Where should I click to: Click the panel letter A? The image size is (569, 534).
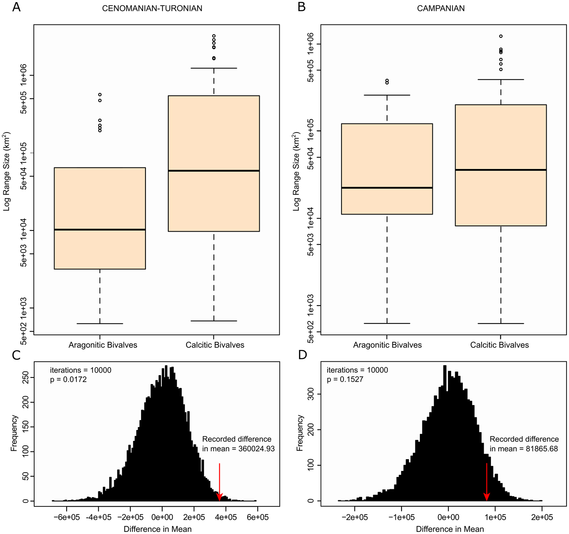pyautogui.click(x=16, y=7)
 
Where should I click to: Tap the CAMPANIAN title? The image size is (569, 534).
pyautogui.click(x=441, y=9)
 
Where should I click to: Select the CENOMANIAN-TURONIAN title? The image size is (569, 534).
pyautogui.click(x=152, y=9)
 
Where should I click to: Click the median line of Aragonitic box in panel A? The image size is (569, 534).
pyautogui.click(x=100, y=230)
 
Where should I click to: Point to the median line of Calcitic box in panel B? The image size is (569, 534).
pyautogui.click(x=501, y=169)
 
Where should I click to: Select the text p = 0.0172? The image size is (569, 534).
pyautogui.click(x=68, y=380)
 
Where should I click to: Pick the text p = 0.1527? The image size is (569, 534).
pyautogui.click(x=345, y=380)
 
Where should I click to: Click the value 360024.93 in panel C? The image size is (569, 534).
pyautogui.click(x=256, y=449)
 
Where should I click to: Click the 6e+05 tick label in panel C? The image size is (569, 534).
pyautogui.click(x=258, y=517)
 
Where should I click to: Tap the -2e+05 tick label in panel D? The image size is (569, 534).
pyautogui.click(x=355, y=517)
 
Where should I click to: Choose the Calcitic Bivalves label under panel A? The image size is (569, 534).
pyautogui.click(x=215, y=345)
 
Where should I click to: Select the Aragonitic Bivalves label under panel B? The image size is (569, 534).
pyautogui.click(x=387, y=345)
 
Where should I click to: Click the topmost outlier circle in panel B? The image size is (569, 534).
pyautogui.click(x=501, y=36)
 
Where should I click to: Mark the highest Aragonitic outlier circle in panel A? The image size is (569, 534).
pyautogui.click(x=100, y=95)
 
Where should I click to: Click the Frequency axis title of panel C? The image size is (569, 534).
pyautogui.click(x=15, y=433)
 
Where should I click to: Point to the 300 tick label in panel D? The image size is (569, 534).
pyautogui.click(x=311, y=394)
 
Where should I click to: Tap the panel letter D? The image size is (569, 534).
pyautogui.click(x=302, y=355)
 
